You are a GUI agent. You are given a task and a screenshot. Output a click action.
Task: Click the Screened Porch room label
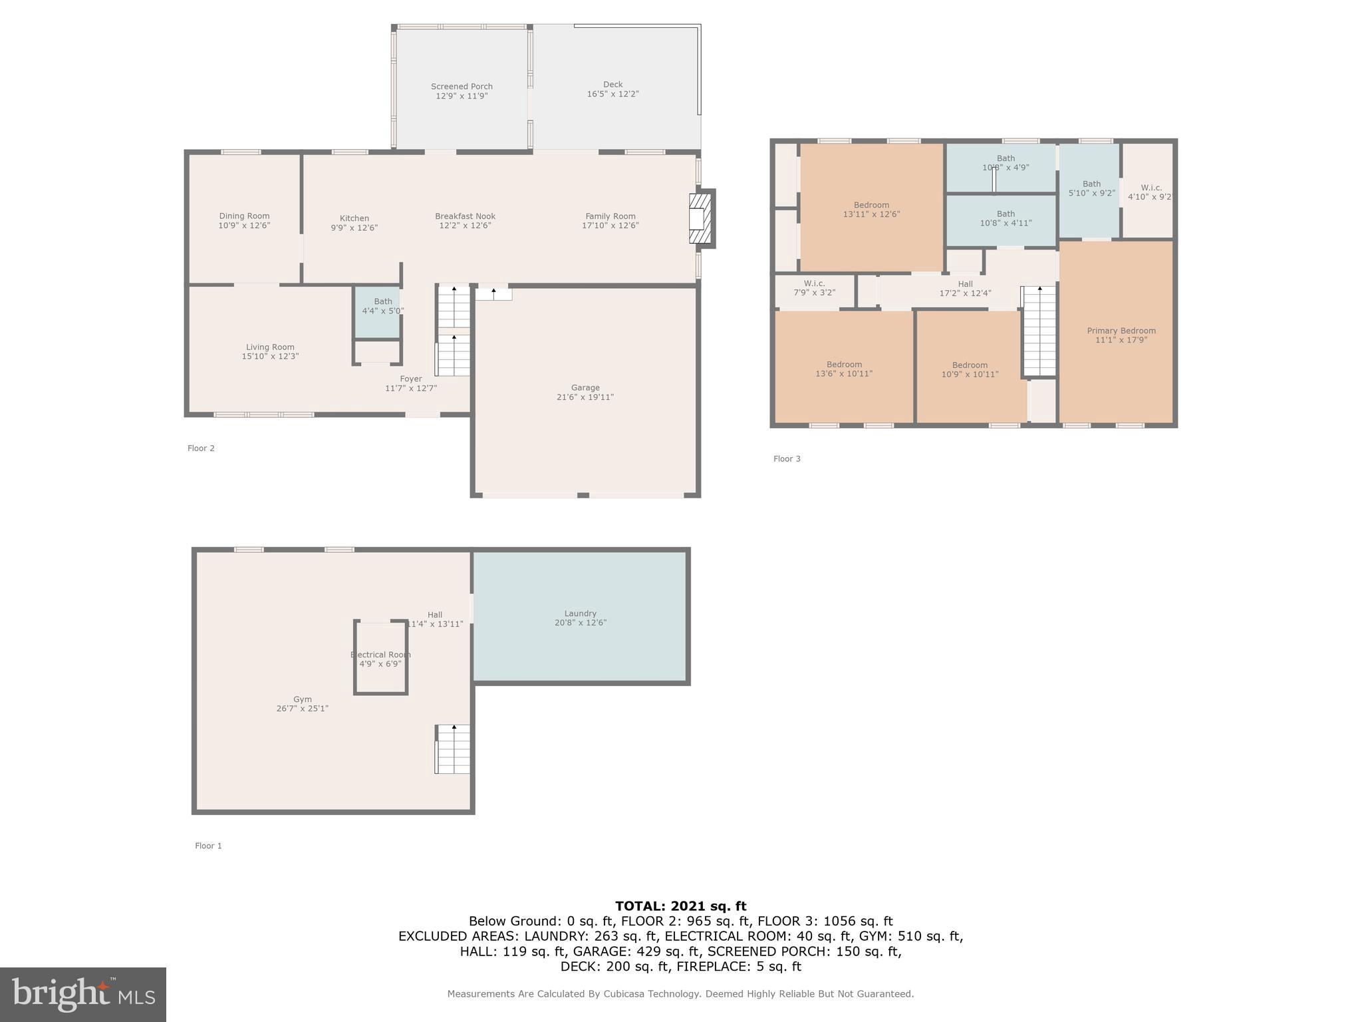(462, 86)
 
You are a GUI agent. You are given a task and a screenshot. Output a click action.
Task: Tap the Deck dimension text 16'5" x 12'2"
(613, 94)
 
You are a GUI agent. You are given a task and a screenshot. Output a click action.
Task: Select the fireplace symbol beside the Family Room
(700, 218)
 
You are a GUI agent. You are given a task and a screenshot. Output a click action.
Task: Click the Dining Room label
(244, 216)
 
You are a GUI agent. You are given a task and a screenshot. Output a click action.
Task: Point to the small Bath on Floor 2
(378, 311)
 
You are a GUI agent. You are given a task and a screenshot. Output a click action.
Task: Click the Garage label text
(585, 388)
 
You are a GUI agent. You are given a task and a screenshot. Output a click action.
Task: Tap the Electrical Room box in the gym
(380, 659)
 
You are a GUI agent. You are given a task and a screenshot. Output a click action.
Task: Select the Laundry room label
(580, 613)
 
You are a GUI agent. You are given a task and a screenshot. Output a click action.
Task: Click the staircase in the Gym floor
(453, 749)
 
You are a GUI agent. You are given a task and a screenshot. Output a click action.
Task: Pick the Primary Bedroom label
(1121, 331)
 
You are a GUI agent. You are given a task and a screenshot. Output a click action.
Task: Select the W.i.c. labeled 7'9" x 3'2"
(814, 288)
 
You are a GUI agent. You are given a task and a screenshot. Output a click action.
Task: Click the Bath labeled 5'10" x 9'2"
(1091, 189)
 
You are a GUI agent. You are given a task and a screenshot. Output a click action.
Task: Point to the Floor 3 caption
(787, 459)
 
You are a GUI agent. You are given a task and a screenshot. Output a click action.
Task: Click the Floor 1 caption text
(208, 846)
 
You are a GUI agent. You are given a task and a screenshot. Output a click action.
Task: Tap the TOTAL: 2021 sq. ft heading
(680, 906)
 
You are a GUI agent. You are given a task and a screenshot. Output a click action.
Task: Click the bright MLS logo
(83, 994)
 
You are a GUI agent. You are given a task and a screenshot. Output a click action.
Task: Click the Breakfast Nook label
(465, 216)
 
